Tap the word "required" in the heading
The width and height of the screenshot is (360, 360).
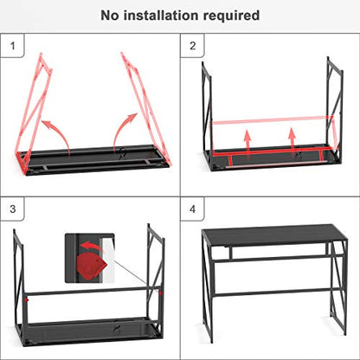pos(232,16)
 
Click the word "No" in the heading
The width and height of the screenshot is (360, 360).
pos(110,16)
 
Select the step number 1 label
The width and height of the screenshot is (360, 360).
pos(12,46)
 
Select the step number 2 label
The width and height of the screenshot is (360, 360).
pos(193,46)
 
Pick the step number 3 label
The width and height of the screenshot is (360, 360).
pos(12,209)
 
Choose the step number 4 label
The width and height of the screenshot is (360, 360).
pos(193,209)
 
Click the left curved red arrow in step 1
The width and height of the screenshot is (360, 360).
pos(59,132)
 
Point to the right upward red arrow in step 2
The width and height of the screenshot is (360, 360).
pos(292,142)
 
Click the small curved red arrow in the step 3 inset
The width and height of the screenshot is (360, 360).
pos(91,246)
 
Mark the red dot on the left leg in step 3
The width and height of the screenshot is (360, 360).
pos(27,300)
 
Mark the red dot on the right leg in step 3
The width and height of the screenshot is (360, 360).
pos(160,293)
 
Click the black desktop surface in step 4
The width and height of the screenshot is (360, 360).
pos(273,235)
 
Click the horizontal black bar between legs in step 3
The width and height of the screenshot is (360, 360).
pos(93,291)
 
